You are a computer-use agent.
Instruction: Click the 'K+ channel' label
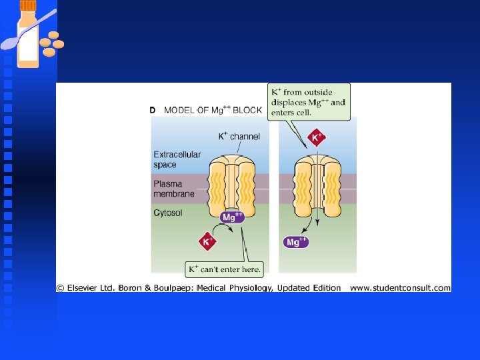239,137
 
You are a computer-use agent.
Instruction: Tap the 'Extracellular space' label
177,159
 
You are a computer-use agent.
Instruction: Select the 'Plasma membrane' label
174,189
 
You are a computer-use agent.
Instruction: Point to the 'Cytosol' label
168,213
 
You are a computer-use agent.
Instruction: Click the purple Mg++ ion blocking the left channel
231,217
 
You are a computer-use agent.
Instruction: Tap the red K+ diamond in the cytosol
207,241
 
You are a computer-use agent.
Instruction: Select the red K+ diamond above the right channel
317,139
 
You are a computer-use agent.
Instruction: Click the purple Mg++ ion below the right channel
295,241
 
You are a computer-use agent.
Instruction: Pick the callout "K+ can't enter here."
224,270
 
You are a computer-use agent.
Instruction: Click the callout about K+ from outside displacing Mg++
309,102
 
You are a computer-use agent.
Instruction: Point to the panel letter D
153,110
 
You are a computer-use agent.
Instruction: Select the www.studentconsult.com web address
400,288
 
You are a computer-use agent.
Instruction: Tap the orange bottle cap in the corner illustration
27,5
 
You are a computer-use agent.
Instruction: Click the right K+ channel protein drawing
317,184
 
